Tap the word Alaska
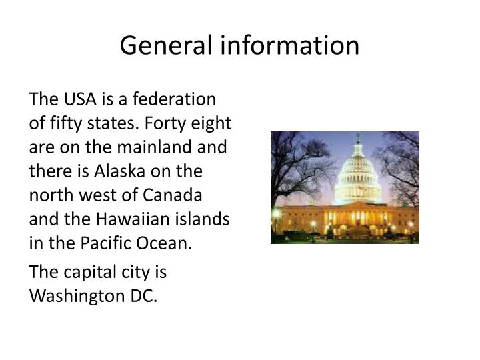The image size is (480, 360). click(124, 171)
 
